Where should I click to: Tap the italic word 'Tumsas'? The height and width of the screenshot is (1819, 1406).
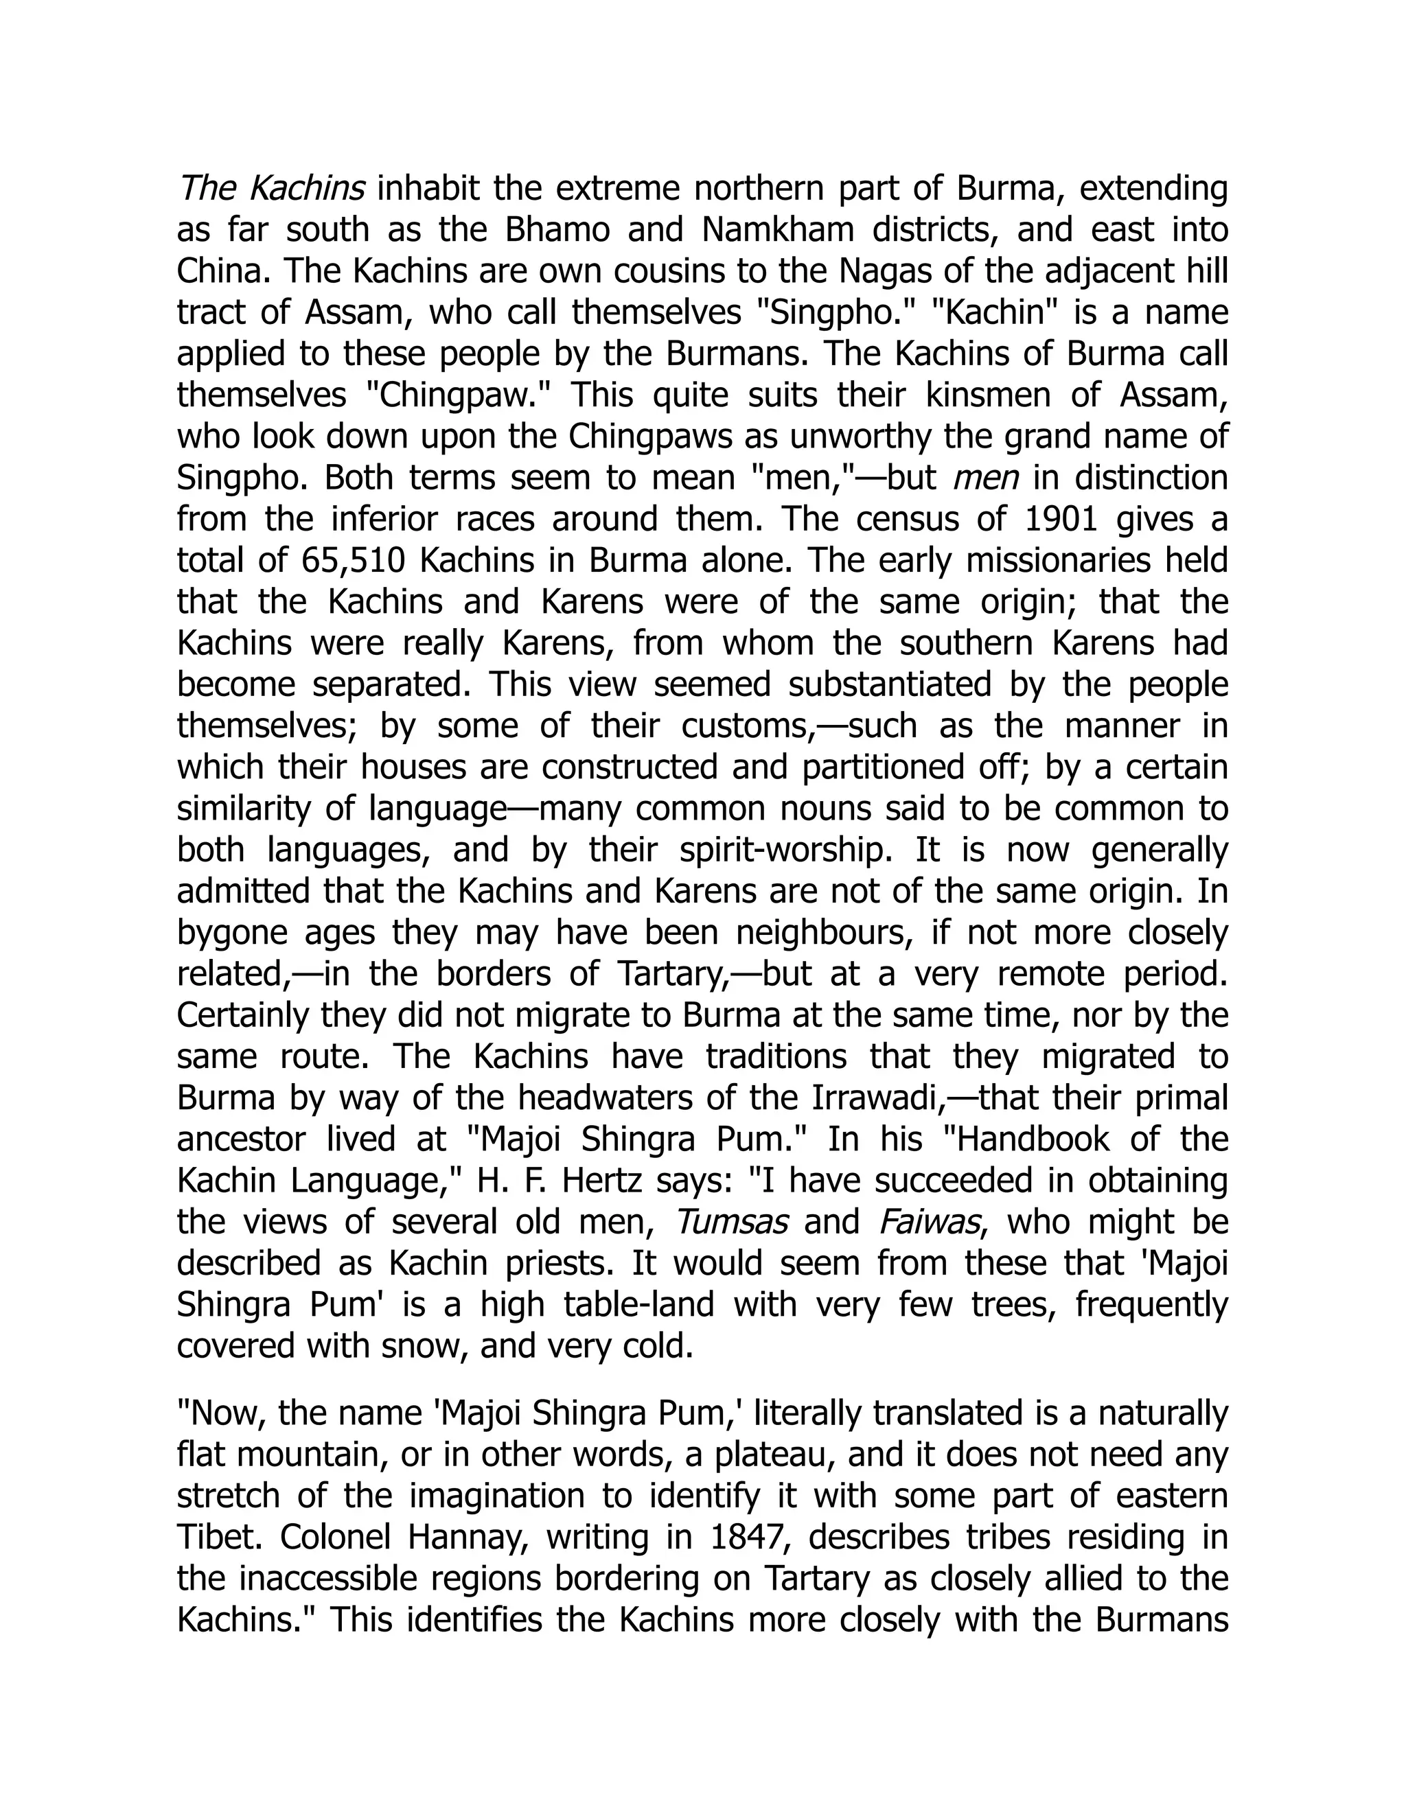pyautogui.click(x=730, y=1222)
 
